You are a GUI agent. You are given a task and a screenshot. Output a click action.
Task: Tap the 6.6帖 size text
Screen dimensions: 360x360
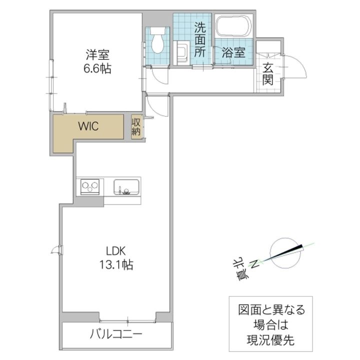pos(97,69)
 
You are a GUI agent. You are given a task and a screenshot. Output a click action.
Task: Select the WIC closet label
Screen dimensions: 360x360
pos(87,126)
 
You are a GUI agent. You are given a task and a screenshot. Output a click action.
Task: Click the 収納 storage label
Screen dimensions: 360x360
pos(136,126)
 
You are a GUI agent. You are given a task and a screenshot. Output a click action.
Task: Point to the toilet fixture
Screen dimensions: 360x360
pos(158,42)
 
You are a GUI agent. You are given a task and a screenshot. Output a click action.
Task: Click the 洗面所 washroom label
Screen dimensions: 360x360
pos(199,39)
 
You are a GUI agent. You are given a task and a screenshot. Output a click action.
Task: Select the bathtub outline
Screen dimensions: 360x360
pos(233,26)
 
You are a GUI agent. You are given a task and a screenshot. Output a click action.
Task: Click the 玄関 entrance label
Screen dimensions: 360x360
pos(268,74)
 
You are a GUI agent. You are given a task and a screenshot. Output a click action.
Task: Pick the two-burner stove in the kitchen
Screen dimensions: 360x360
pos(90,187)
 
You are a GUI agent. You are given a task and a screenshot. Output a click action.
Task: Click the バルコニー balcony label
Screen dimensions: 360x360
pos(116,334)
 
